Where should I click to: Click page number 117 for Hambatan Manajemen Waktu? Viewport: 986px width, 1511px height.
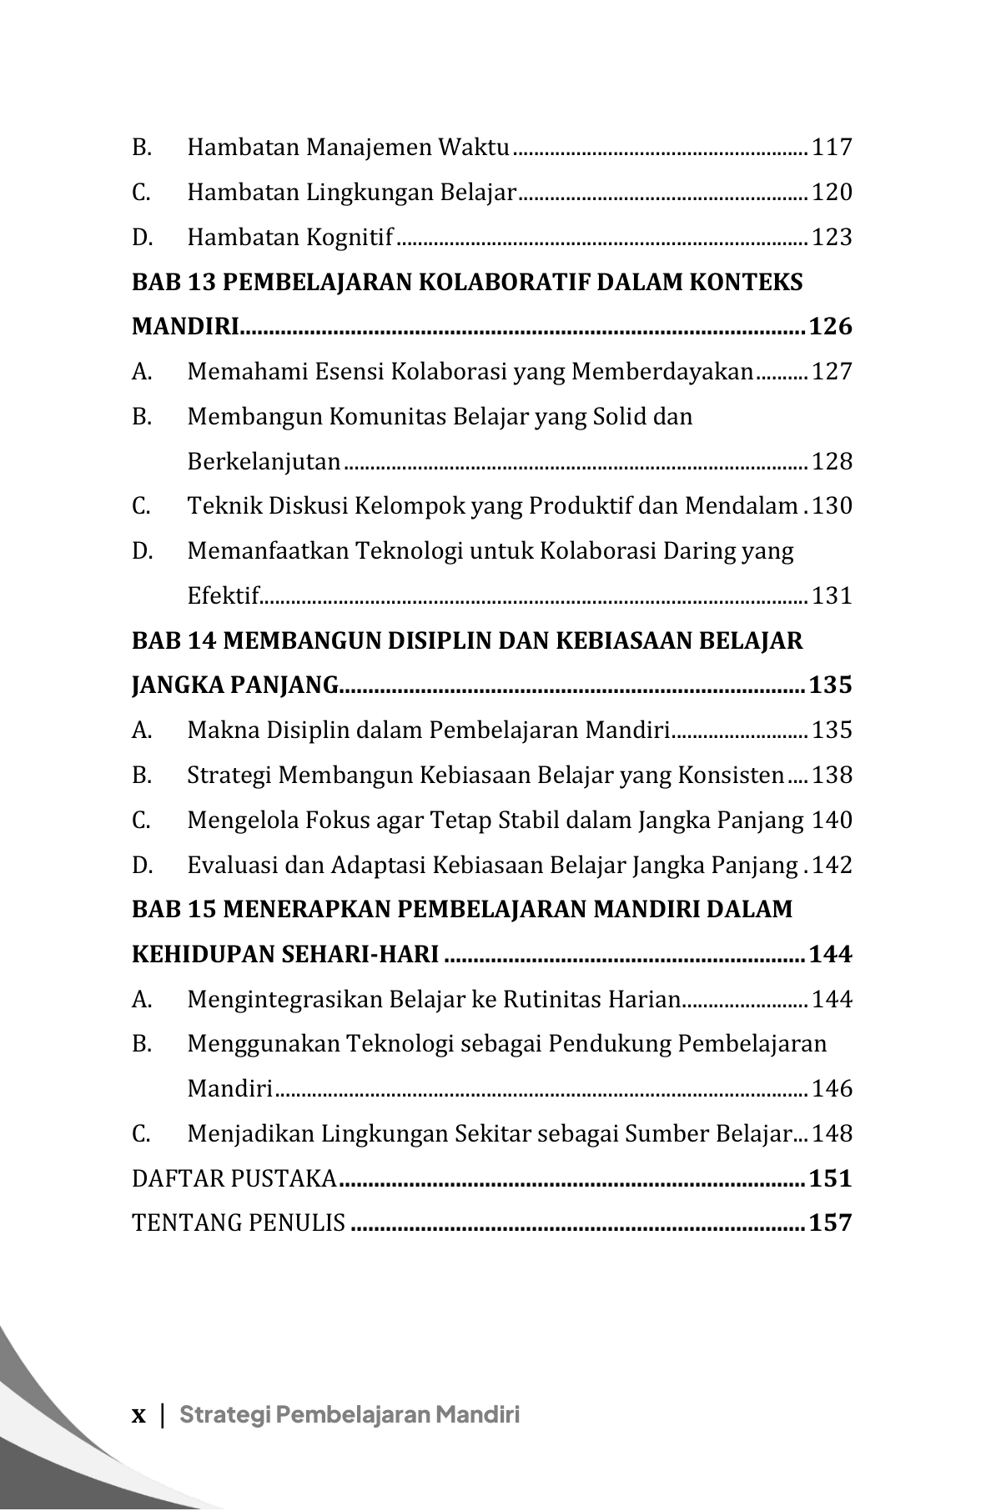pyautogui.click(x=832, y=148)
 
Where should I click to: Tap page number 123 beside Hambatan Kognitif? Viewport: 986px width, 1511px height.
pyautogui.click(x=832, y=238)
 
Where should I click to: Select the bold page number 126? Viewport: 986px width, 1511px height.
pyautogui.click(x=830, y=327)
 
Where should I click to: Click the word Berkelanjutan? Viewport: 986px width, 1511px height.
pyautogui.click(x=264, y=462)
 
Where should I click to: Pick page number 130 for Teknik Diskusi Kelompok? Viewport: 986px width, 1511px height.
pyautogui.click(x=832, y=506)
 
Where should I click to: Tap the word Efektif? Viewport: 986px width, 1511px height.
pyautogui.click(x=224, y=596)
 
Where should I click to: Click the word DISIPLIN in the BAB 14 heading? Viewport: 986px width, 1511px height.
pyautogui.click(x=425, y=641)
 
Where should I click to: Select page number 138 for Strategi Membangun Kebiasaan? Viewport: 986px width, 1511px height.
pyautogui.click(x=832, y=776)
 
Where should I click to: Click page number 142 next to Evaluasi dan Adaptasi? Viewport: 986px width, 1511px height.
pyautogui.click(x=832, y=866)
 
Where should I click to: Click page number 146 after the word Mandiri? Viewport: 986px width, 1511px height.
pyautogui.click(x=832, y=1089)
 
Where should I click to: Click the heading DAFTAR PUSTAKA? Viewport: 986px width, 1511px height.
pyautogui.click(x=234, y=1179)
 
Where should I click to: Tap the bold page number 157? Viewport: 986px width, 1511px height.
pyautogui.click(x=830, y=1223)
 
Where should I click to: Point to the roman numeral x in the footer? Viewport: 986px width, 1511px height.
pyautogui.click(x=138, y=1415)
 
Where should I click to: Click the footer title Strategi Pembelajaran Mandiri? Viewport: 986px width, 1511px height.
pyautogui.click(x=350, y=1415)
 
